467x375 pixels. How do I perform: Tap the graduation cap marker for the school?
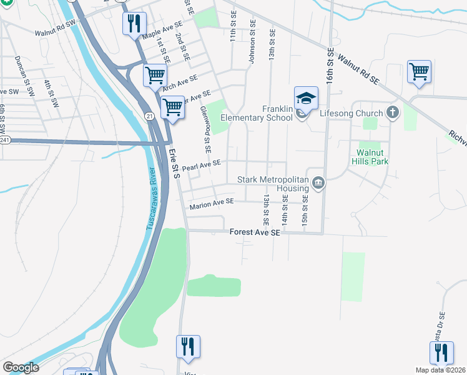pos(306,99)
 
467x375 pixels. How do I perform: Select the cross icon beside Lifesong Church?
pos(392,113)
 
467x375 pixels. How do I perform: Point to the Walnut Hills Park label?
pos(373,157)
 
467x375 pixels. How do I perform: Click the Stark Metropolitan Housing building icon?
pos(318,183)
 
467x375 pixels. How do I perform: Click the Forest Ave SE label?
pos(255,232)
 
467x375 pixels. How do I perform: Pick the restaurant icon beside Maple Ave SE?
pos(134,26)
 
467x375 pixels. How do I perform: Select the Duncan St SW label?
pos(26,71)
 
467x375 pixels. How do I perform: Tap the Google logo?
pos(21,367)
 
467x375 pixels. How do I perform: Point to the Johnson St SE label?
pos(253,43)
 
